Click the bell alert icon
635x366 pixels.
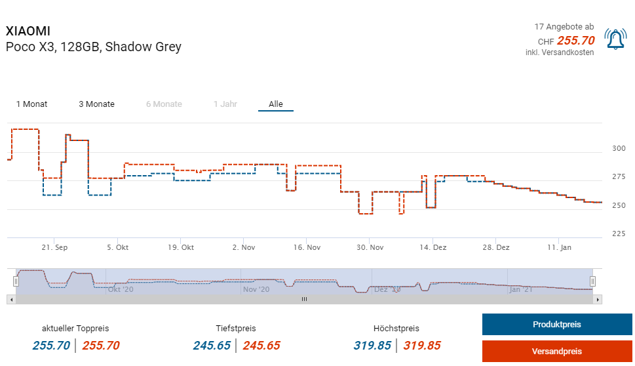(615, 40)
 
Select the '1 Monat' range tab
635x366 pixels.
(31, 104)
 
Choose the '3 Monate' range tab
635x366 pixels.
(96, 104)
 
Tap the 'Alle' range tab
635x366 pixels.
(276, 104)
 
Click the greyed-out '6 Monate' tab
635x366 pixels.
(164, 104)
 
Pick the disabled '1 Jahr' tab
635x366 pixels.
(225, 104)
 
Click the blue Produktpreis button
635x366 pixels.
(556, 325)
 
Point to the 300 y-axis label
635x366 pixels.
(619, 149)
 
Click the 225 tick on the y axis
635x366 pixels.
(619, 234)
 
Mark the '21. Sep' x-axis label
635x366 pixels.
(54, 248)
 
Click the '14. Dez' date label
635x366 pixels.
(433, 248)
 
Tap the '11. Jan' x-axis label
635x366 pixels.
(559, 248)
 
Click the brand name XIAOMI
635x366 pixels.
(28, 31)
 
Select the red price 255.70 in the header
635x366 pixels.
(575, 41)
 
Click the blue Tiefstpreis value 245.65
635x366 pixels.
(212, 346)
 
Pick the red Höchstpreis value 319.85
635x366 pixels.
(422, 346)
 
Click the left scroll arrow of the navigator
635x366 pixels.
(10, 299)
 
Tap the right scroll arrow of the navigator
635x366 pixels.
(598, 299)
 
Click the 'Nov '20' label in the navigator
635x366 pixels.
(256, 289)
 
